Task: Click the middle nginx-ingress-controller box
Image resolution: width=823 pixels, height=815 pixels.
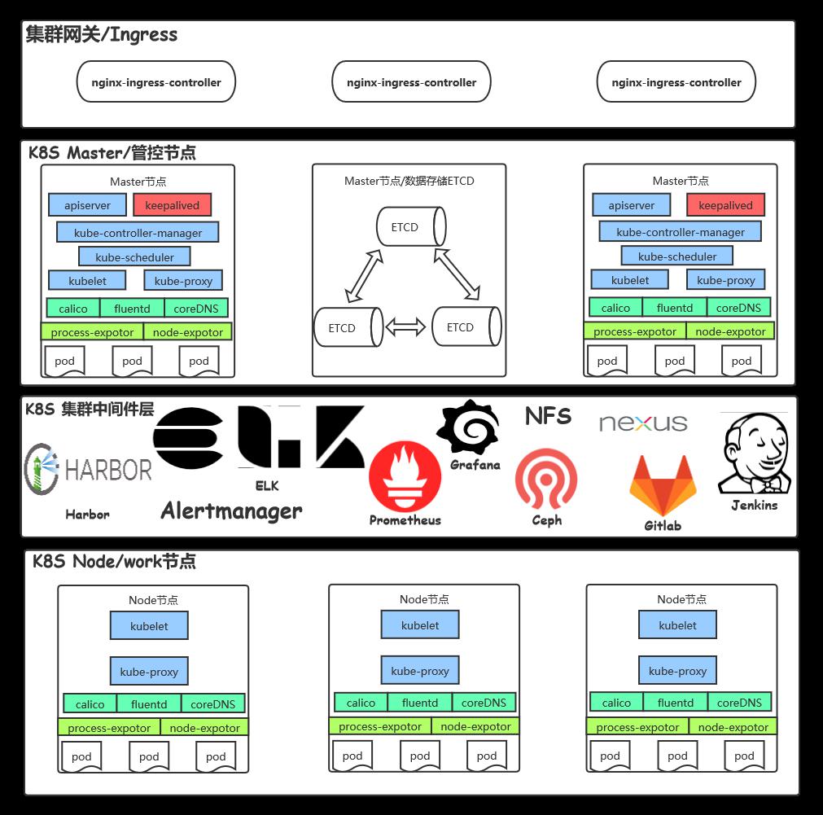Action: pyautogui.click(x=412, y=82)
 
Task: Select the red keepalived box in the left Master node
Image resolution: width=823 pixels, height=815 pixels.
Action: pyautogui.click(x=172, y=205)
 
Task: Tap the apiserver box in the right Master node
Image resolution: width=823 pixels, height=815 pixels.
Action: pyautogui.click(x=632, y=205)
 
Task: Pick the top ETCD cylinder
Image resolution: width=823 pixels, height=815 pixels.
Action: pyautogui.click(x=412, y=226)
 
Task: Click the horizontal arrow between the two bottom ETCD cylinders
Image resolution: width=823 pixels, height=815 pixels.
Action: pyautogui.click(x=405, y=327)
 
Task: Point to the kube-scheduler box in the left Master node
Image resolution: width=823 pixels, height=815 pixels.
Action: pyautogui.click(x=134, y=256)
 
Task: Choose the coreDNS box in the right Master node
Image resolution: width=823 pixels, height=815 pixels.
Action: pyautogui.click(x=738, y=307)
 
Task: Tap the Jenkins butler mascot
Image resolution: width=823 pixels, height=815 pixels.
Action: pyautogui.click(x=755, y=453)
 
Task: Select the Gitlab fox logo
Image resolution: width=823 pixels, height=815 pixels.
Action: pyautogui.click(x=663, y=486)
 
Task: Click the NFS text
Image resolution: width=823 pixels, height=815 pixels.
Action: pyautogui.click(x=548, y=416)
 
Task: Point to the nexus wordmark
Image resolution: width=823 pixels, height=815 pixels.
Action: pyautogui.click(x=643, y=423)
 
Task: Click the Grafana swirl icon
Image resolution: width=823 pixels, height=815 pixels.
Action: pyautogui.click(x=468, y=427)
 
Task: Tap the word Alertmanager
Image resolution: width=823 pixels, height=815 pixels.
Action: pyautogui.click(x=231, y=510)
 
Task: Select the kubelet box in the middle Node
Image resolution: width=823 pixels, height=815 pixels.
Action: pyautogui.click(x=420, y=625)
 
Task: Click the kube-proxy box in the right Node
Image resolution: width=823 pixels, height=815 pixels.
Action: pyautogui.click(x=677, y=671)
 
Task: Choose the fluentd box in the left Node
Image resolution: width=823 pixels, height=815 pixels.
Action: pyautogui.click(x=149, y=703)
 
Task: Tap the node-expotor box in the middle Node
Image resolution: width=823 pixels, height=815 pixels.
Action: pyautogui.click(x=475, y=726)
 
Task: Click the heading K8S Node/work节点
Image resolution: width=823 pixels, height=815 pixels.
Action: pyautogui.click(x=115, y=561)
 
